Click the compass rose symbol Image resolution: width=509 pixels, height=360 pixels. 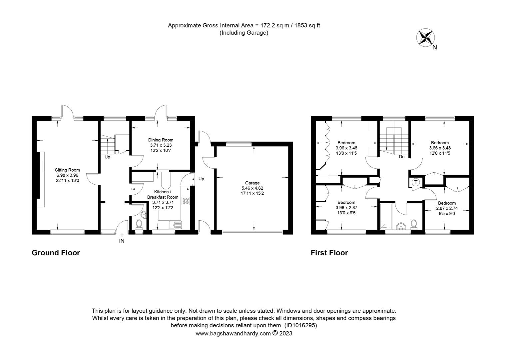(425, 38)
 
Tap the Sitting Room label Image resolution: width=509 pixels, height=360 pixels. (67, 170)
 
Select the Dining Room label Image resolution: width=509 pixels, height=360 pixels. (161, 140)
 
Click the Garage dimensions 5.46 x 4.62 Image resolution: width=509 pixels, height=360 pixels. (252, 188)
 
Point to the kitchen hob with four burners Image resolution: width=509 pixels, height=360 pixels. (186, 201)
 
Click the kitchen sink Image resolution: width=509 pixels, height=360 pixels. (175, 225)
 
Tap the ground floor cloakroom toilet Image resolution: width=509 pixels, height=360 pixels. (139, 224)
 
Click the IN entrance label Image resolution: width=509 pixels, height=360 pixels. (122, 241)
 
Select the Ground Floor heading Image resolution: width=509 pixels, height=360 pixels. (56, 253)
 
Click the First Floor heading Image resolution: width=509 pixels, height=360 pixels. (329, 253)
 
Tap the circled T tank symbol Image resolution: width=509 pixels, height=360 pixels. (416, 182)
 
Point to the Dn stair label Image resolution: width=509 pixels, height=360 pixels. (401, 157)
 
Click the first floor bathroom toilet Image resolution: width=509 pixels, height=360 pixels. (414, 224)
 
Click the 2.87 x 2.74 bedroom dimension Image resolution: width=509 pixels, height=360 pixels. (447, 208)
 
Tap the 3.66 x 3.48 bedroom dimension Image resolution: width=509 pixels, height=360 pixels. (440, 148)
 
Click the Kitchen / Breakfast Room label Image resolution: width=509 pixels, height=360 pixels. (163, 194)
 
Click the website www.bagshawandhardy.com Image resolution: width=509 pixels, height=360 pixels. (233, 334)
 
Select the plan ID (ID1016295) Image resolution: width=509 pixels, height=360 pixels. (300, 325)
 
